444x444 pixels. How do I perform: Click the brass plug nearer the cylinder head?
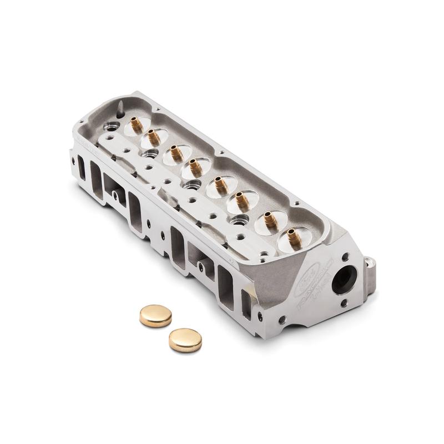coord(155,315)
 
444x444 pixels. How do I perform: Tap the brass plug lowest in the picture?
coord(185,340)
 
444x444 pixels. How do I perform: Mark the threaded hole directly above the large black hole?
coord(346,257)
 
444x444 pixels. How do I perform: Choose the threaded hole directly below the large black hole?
coord(344,302)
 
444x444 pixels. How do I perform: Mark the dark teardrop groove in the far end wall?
coord(119,105)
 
